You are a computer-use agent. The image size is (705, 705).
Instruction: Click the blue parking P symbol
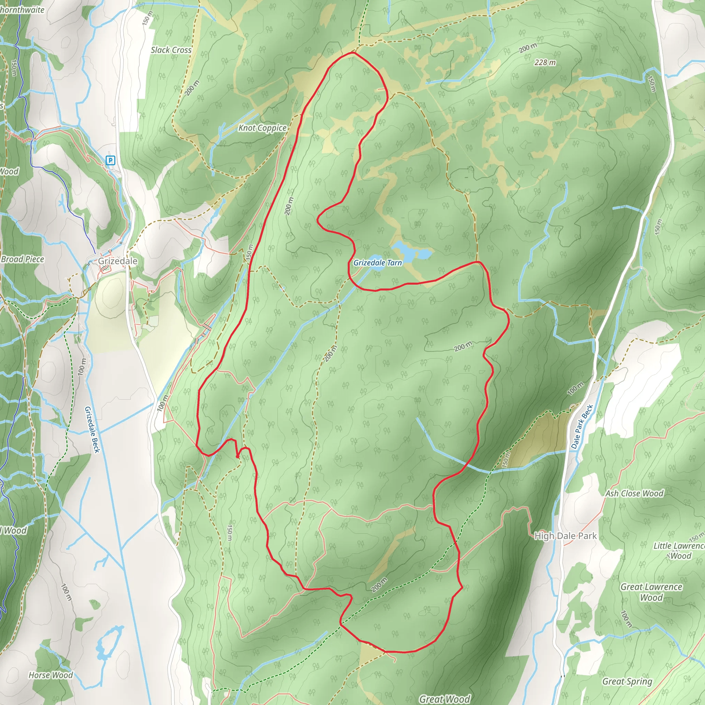point(110,160)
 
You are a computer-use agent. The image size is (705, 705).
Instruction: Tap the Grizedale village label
point(117,261)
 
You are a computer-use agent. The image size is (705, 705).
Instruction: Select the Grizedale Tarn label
point(377,263)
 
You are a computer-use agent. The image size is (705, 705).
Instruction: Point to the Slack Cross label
point(171,50)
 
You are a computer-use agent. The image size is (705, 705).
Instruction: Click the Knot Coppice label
point(262,128)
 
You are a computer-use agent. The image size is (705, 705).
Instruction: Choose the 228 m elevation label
point(545,63)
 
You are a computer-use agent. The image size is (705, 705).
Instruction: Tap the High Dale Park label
point(565,536)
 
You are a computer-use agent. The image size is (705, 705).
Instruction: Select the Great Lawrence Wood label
point(651,592)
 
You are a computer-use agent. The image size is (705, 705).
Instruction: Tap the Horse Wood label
point(51,675)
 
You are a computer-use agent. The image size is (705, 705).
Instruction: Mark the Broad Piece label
point(23,259)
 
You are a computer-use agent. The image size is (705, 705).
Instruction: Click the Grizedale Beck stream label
point(92,430)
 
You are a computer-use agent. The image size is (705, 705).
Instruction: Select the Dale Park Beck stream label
point(582,426)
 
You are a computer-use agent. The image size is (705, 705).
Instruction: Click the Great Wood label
point(444,699)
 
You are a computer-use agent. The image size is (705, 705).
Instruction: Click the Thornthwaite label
point(22,10)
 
